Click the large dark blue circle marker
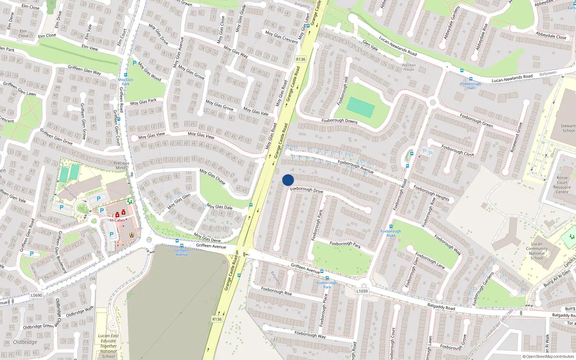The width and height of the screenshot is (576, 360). pyautogui.click(x=288, y=180)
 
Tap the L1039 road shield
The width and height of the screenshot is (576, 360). pyautogui.click(x=362, y=291)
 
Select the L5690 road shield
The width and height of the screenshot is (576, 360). pyautogui.click(x=36, y=295)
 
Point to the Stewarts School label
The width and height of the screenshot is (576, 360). pyautogui.click(x=568, y=128)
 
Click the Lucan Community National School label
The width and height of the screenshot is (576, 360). pyautogui.click(x=536, y=251)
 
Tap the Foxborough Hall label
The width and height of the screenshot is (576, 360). pyautogui.click(x=471, y=86)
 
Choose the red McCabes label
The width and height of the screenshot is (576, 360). pyautogui.click(x=117, y=220)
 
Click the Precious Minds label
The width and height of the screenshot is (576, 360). pyautogui.click(x=121, y=165)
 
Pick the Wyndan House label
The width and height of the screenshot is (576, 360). pyautogui.click(x=409, y=67)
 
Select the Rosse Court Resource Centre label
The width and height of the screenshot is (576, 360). pyautogui.click(x=562, y=185)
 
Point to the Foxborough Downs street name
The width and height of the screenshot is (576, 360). pyautogui.click(x=339, y=121)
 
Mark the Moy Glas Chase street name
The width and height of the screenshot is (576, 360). pyautogui.click(x=212, y=177)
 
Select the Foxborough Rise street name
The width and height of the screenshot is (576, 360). pyautogui.click(x=276, y=291)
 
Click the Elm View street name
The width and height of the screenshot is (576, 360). pyautogui.click(x=90, y=48)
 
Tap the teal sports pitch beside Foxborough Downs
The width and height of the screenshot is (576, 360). pyautogui.click(x=360, y=107)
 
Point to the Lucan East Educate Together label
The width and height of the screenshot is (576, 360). pyautogui.click(x=108, y=346)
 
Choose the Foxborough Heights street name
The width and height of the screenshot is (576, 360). pyautogui.click(x=431, y=193)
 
